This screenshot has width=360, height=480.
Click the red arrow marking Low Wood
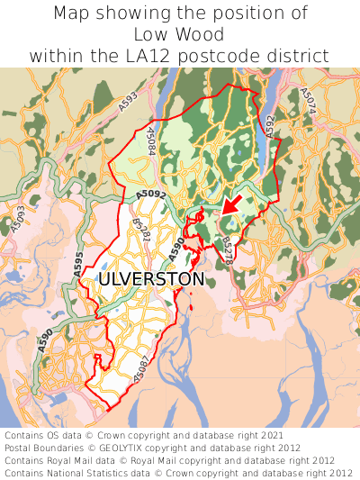[230, 205]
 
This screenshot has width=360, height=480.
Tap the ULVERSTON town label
[151, 279]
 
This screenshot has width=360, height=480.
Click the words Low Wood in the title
[179, 34]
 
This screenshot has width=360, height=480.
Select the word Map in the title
[74, 14]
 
